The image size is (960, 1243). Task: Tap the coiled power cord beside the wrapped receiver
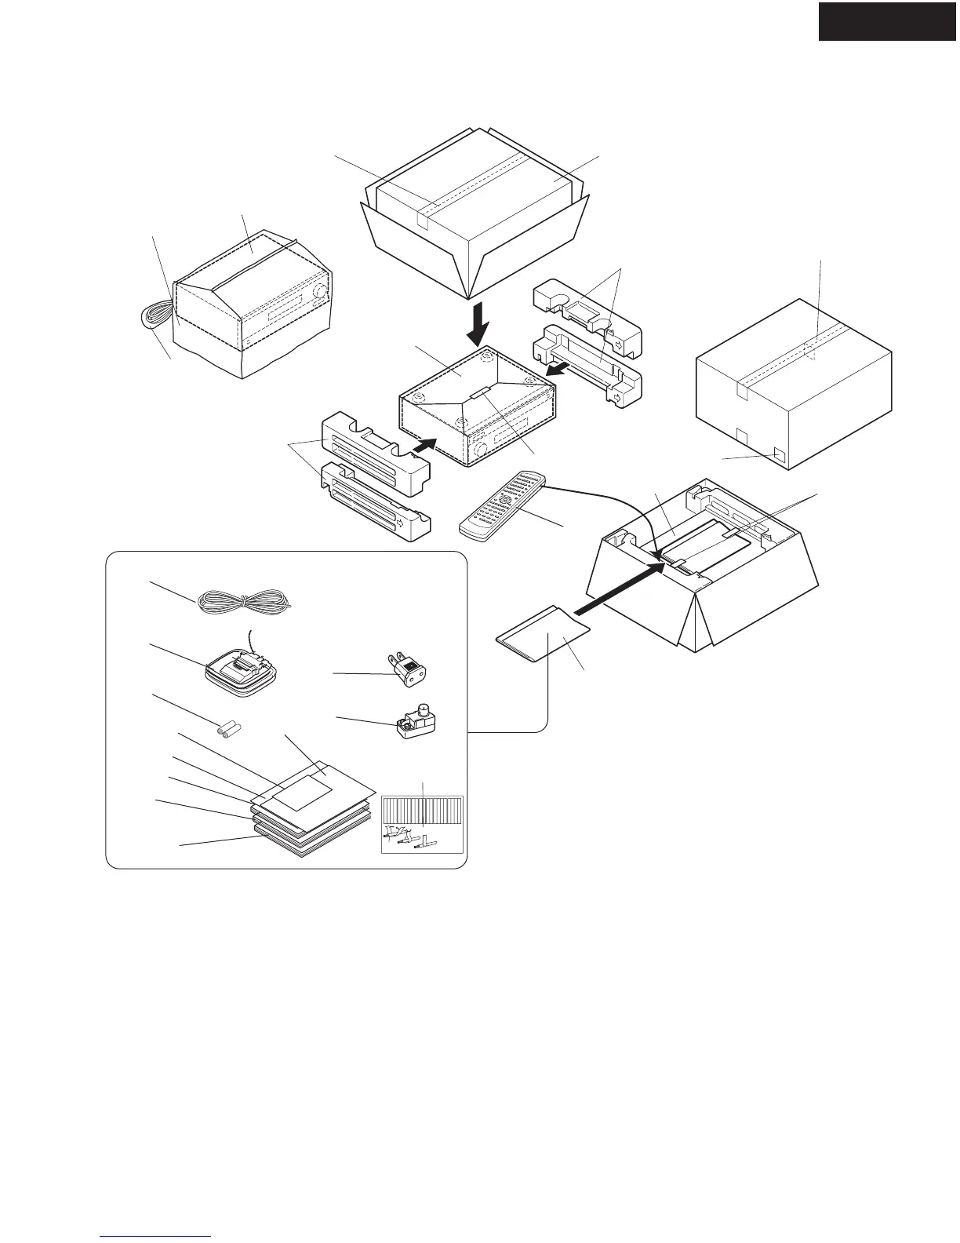click(151, 320)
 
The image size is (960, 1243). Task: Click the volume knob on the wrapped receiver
click(319, 294)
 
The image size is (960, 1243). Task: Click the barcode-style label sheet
click(422, 824)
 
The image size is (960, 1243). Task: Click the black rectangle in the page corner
click(888, 21)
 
